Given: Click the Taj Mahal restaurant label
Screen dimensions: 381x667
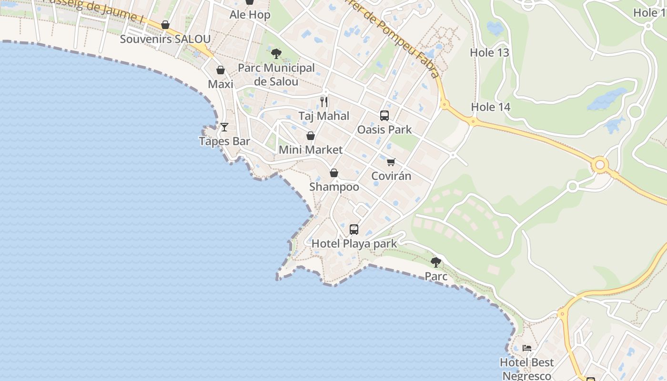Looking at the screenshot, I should point(324,116).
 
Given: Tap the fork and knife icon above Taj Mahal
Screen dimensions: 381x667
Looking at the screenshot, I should point(324,101).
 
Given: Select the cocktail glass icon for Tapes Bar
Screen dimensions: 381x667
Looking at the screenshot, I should point(224,127).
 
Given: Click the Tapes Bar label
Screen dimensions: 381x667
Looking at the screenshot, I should point(224,141).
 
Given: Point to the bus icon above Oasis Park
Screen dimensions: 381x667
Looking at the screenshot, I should point(384,115).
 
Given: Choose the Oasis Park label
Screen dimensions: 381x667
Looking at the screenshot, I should point(384,130).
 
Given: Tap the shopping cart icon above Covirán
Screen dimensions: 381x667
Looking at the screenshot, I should point(391,162).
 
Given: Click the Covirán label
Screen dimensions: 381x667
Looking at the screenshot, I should point(391,176).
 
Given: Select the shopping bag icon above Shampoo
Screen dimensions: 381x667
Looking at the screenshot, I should point(334,173).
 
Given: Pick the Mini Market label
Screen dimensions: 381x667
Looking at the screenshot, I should point(311,150).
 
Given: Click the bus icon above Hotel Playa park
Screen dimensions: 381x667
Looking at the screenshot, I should point(354,230).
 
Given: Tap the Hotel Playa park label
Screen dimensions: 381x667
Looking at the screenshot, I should point(354,244).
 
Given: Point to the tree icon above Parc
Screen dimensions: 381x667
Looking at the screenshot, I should point(436,262).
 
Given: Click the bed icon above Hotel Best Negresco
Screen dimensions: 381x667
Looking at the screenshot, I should point(527,348).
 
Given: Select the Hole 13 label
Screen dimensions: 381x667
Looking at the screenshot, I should point(490,53).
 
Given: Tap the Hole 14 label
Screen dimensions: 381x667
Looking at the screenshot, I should point(491,107).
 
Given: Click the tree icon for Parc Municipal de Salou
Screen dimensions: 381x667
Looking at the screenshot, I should point(276,53).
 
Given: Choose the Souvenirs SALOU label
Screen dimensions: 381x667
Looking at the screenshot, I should point(165,39).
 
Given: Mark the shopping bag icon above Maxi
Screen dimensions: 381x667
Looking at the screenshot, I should point(221,70).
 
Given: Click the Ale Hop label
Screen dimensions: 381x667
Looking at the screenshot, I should point(250,15).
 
